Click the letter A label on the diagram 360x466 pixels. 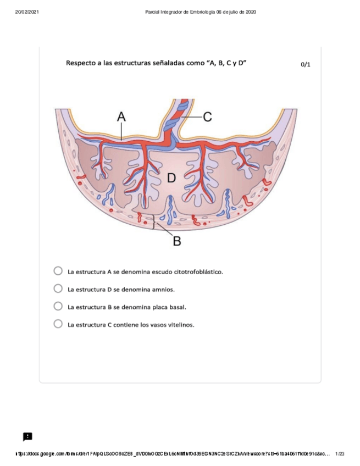tap(121, 116)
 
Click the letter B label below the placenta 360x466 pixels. tap(176, 241)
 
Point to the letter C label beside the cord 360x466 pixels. tap(207, 116)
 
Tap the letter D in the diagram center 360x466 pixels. tap(171, 178)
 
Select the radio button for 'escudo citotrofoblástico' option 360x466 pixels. tap(58, 271)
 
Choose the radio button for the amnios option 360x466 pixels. tap(58, 288)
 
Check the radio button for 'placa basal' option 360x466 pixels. tap(58, 306)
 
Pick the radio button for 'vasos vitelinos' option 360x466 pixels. tap(58, 324)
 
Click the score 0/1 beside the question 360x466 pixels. tap(306, 64)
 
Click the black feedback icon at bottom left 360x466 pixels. tap(27, 436)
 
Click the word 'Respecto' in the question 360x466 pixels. tap(81, 63)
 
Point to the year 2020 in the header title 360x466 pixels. tap(250, 12)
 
